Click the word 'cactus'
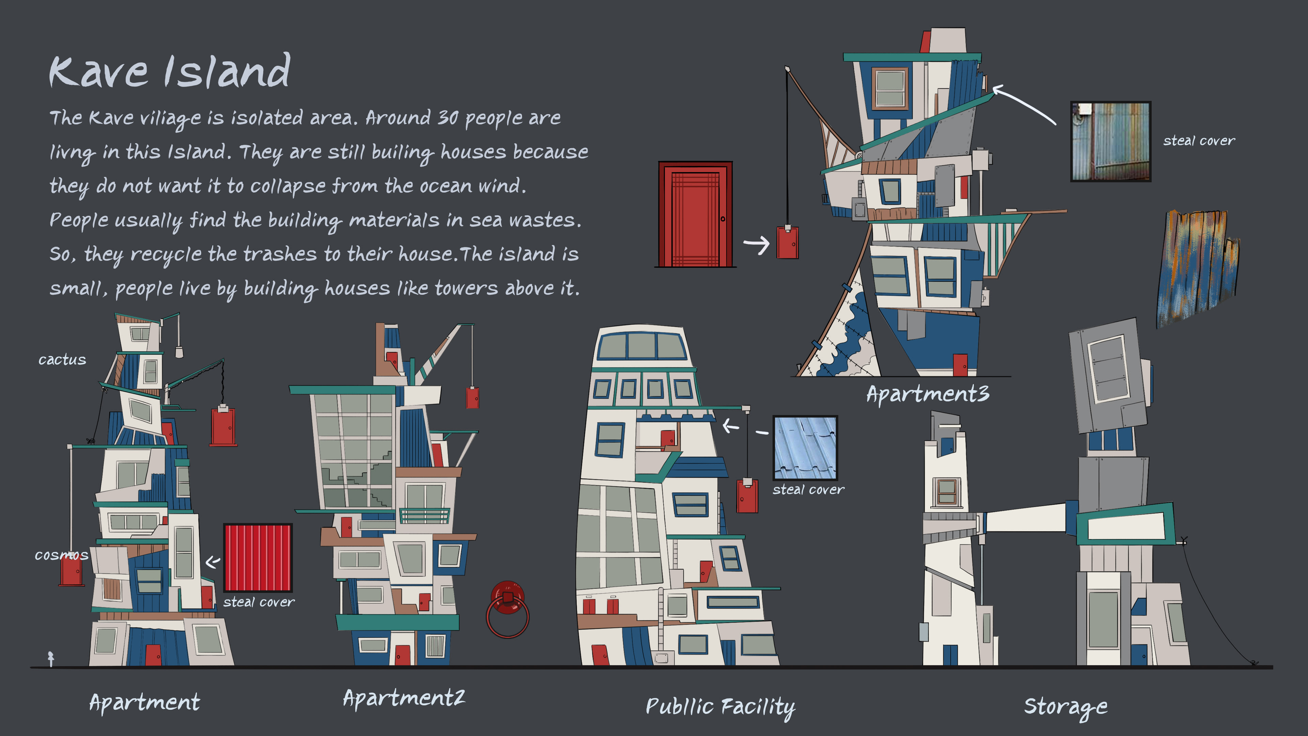62,359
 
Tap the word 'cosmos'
61,555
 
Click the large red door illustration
695,214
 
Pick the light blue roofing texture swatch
805,447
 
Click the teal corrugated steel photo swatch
1110,141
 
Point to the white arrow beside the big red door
757,245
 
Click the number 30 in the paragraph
448,118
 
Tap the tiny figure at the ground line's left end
51,658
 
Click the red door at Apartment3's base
960,365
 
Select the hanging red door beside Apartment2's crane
472,398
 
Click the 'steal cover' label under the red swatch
259,602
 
